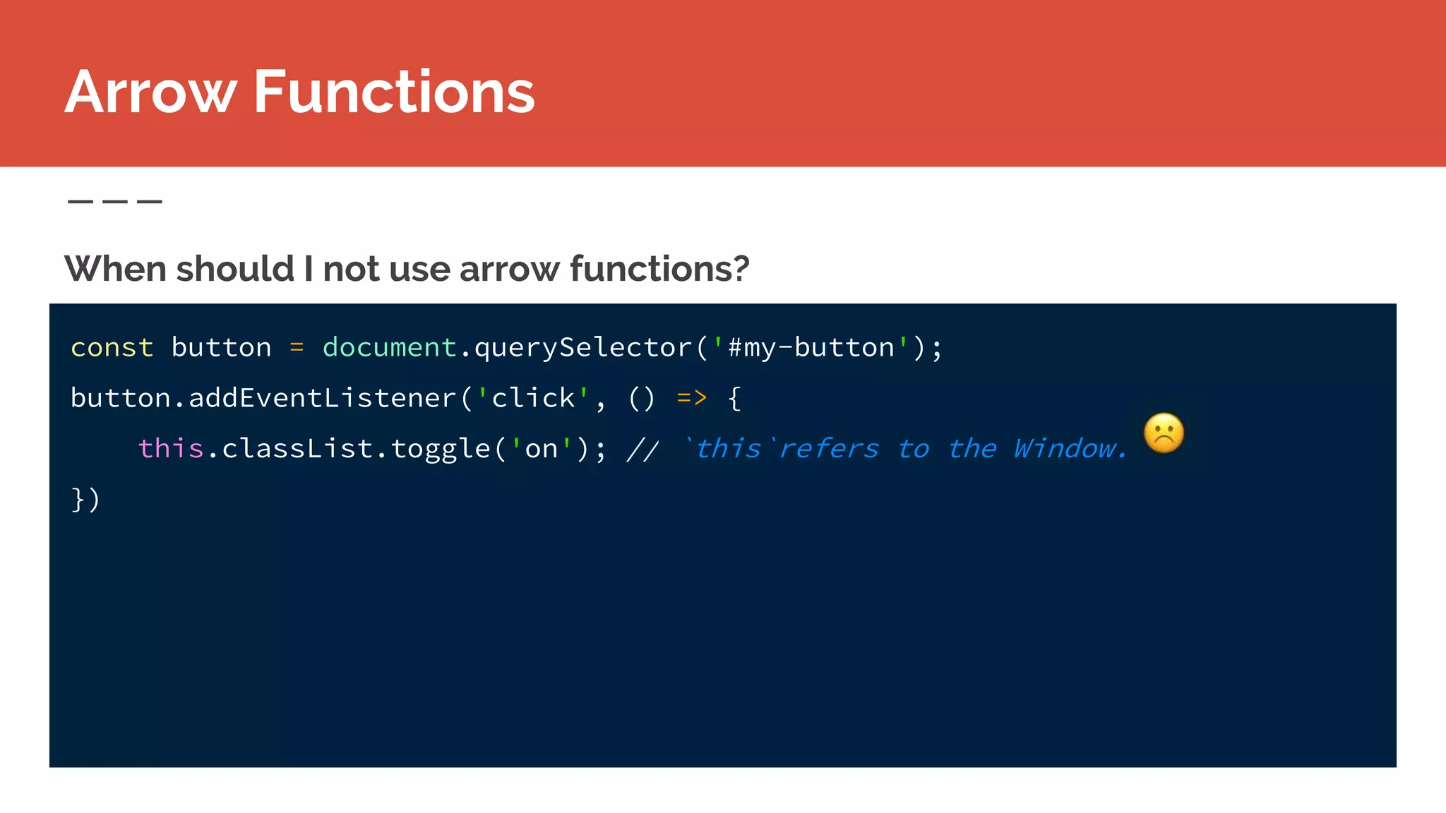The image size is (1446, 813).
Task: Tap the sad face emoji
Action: (x=1164, y=433)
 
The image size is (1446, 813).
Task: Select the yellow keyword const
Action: (x=112, y=347)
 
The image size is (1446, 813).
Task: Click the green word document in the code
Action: (x=389, y=347)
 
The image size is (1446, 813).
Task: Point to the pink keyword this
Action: (x=171, y=449)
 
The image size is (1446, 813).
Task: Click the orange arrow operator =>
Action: (x=691, y=398)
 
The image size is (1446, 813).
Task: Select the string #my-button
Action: (x=811, y=347)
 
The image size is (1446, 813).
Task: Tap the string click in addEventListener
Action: (x=533, y=398)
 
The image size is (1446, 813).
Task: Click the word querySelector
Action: (x=582, y=347)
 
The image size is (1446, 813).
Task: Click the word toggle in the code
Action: (x=441, y=449)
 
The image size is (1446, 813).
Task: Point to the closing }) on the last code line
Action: (x=85, y=500)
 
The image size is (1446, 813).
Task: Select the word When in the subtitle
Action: (x=114, y=269)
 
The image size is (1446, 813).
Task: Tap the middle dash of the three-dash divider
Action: (x=115, y=202)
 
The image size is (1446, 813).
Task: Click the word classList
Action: (x=297, y=449)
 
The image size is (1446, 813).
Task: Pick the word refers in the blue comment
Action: (x=829, y=449)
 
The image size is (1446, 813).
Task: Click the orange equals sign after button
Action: (x=297, y=347)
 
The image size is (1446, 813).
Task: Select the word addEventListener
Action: (x=323, y=398)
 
